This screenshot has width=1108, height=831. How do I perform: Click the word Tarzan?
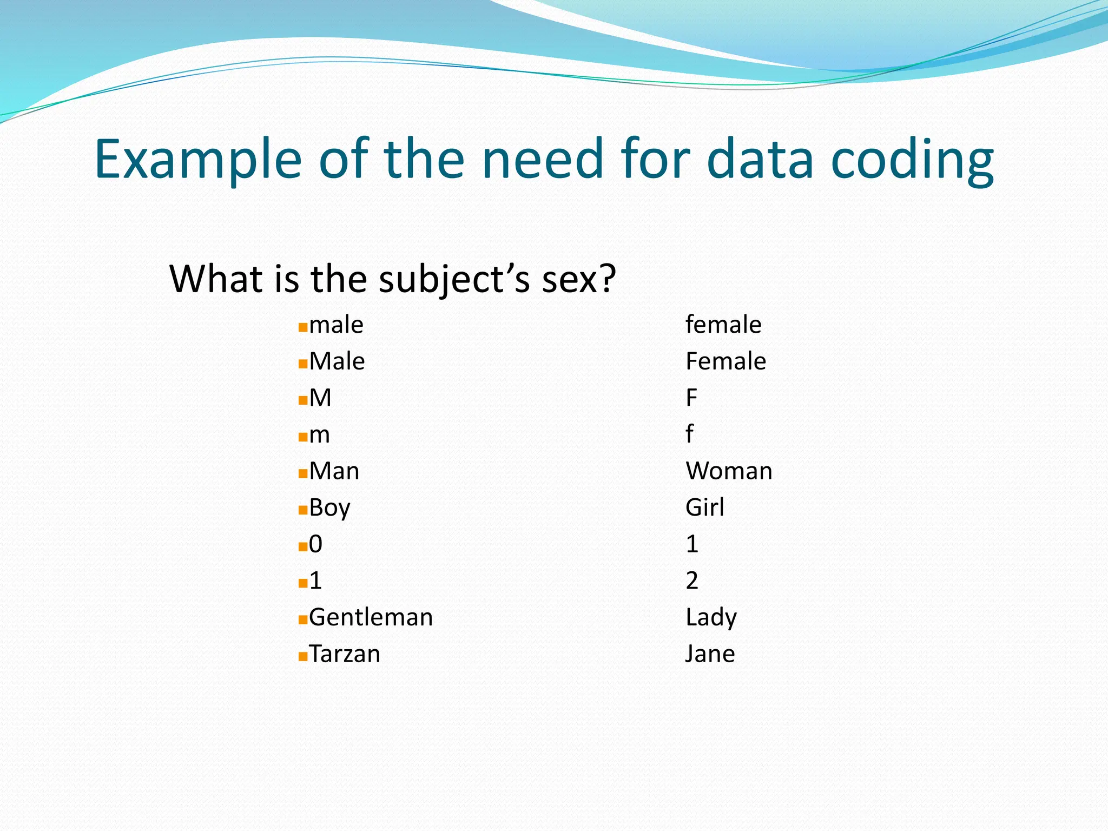345,654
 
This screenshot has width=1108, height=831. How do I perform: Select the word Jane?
710,654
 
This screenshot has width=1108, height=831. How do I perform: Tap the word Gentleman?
371,617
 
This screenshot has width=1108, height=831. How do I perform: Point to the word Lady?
711,617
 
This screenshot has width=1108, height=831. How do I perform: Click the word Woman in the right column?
729,471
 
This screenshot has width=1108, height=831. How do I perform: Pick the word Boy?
329,508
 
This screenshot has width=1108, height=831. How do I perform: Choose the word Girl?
704,507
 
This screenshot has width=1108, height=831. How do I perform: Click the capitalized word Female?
726,361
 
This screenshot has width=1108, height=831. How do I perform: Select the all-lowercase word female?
723,325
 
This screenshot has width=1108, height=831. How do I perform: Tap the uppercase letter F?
691,398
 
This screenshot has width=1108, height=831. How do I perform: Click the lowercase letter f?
689,434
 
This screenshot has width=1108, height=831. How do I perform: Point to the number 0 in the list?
315,544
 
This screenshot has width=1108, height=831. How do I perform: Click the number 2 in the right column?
692,581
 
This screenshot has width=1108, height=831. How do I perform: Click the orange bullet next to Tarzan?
303,657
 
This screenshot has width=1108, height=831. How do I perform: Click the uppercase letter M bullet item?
320,398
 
